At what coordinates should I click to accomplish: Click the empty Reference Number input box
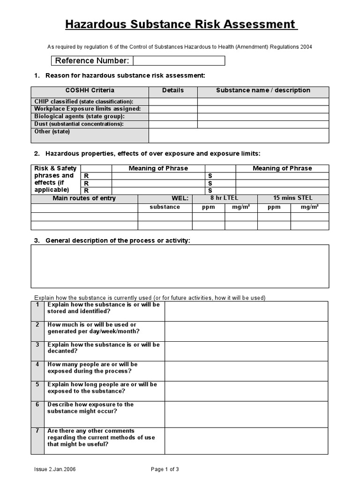pyautogui.click(x=179, y=61)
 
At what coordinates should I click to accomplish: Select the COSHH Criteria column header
pyautogui.click(x=90, y=90)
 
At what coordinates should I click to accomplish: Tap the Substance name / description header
pyautogui.click(x=263, y=90)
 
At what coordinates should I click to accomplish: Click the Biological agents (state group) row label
pyautogui.click(x=79, y=116)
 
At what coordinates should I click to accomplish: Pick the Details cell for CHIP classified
pyautogui.click(x=173, y=102)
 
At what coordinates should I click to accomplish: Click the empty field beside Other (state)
pyautogui.click(x=239, y=135)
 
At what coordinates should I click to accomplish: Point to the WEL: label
pyautogui.click(x=180, y=198)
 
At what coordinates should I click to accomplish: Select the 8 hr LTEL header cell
pyautogui.click(x=225, y=198)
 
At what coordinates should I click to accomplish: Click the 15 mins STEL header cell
pyautogui.click(x=293, y=198)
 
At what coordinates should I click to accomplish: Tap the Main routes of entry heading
pyautogui.click(x=84, y=198)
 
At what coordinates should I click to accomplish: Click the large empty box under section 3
pyautogui.click(x=180, y=266)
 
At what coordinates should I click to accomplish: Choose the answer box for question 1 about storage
pyautogui.click(x=246, y=311)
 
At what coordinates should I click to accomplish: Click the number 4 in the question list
pyautogui.click(x=37, y=365)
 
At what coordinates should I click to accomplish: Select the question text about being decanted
pyautogui.click(x=104, y=348)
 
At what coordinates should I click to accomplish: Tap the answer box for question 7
pyautogui.click(x=246, y=441)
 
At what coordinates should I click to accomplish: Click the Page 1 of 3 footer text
pyautogui.click(x=165, y=469)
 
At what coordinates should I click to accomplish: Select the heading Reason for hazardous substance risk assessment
pyautogui.click(x=125, y=76)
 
